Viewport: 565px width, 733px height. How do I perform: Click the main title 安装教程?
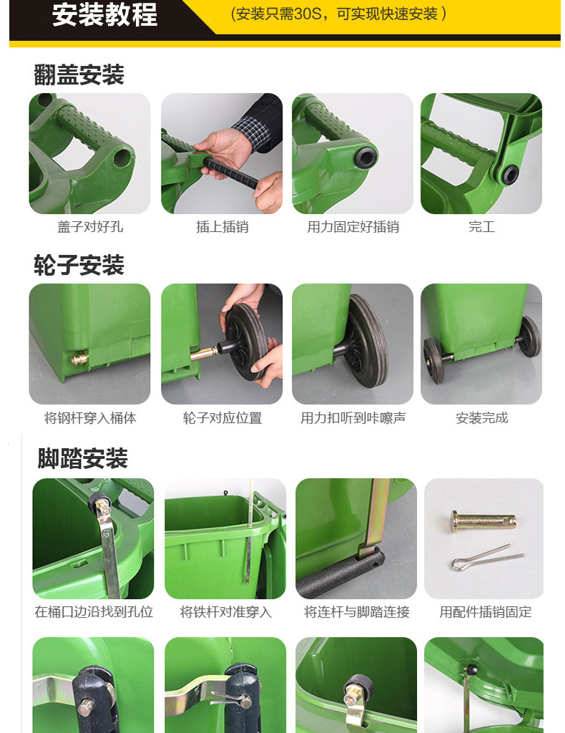pos(104,15)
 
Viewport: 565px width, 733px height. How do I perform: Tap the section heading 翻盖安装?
pos(79,74)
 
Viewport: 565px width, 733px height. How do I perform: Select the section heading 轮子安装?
pos(79,265)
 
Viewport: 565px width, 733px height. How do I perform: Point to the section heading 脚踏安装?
pos(83,458)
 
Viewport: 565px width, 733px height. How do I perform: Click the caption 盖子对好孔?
pos(90,227)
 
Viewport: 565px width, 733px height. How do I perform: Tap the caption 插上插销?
pos(222,227)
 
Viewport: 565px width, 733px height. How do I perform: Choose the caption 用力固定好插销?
pos(353,227)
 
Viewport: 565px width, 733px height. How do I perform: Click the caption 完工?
pos(481,227)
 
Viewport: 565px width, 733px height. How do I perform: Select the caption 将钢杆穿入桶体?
pos(90,418)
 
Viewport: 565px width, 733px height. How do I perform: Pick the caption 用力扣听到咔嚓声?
pos(353,418)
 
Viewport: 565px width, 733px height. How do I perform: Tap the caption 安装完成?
pos(481,418)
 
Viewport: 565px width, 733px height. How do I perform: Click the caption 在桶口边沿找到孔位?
pos(94,612)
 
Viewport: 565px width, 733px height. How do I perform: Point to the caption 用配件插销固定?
pos(486,612)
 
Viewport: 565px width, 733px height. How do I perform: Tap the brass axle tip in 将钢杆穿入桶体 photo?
pos(80,359)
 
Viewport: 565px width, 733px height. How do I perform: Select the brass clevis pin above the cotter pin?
pos(483,521)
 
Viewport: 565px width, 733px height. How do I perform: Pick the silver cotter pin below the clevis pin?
pos(486,557)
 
